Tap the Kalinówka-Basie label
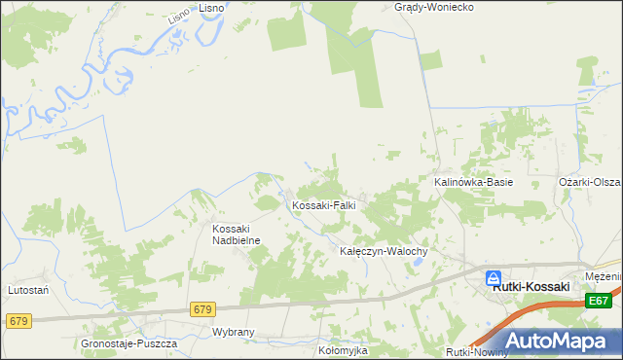click(473, 182)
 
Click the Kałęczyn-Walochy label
click(384, 250)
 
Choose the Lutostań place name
click(28, 289)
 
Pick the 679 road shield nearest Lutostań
click(18, 320)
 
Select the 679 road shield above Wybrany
click(202, 309)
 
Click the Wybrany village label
click(233, 332)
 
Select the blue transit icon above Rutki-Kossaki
click(495, 276)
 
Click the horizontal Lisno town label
click(211, 7)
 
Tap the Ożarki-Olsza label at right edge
click(590, 182)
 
